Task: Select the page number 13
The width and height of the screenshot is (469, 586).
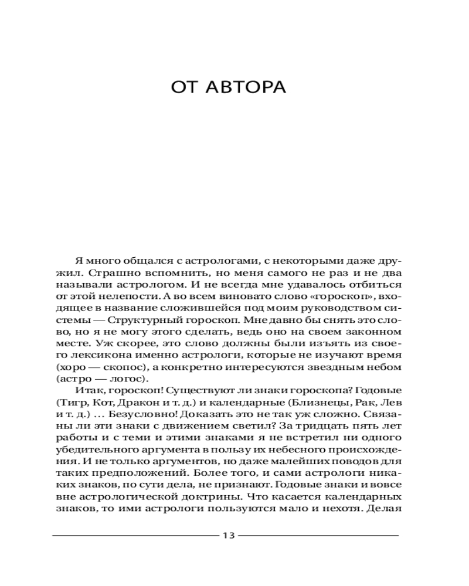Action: coord(229,534)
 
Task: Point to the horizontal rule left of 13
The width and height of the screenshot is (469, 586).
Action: coord(135,535)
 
